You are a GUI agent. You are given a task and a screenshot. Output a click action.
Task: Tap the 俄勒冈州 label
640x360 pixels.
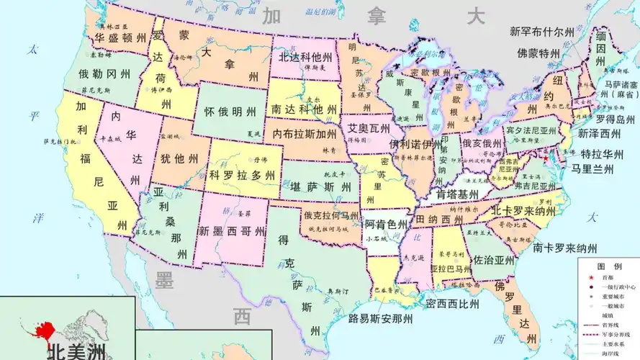pos(104,73)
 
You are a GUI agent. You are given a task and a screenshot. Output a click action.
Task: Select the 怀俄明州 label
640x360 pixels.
pos(230,112)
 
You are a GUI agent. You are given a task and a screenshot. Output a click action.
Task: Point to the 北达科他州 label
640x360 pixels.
pos(305,56)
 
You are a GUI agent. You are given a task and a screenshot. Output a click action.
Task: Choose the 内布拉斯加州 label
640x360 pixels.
pos(305,134)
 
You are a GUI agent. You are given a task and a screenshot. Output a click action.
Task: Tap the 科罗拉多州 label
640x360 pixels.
pos(242,175)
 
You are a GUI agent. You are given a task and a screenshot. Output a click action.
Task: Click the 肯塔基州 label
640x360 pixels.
pos(458,194)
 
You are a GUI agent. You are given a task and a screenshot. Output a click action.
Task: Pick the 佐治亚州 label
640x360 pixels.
pos(494,261)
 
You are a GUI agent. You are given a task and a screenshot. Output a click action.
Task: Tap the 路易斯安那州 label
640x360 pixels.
pos(381,318)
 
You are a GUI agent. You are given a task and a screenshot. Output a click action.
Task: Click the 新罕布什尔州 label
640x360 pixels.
pos(542,32)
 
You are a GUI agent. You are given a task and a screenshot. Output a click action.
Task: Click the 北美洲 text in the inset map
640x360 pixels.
pos(75,351)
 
